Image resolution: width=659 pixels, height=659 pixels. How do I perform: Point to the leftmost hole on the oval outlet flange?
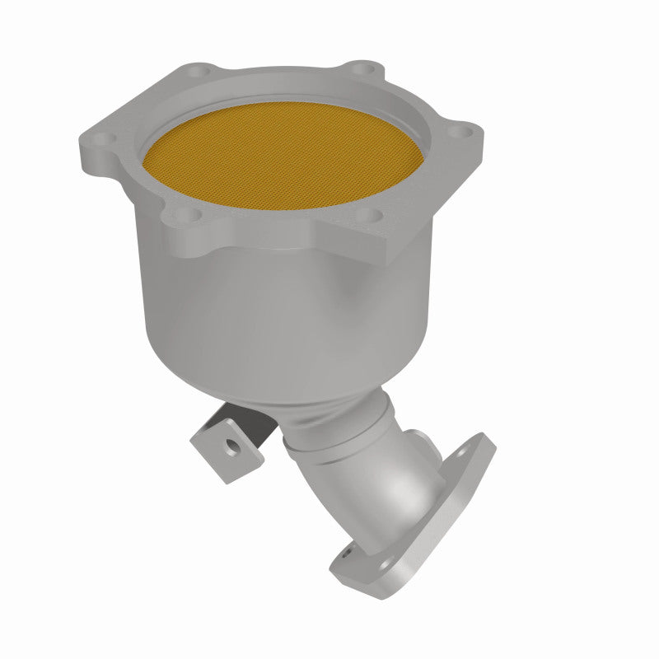(348, 554)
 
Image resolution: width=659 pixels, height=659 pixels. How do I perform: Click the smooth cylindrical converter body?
(247, 313)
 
